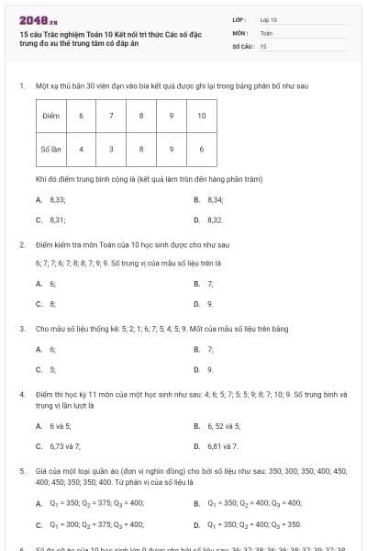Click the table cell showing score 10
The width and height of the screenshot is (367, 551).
coord(201,116)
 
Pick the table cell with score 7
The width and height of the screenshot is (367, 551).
coord(111,116)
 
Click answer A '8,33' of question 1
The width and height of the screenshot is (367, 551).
coord(51,199)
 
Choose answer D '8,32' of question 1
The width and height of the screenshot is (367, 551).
coord(210,220)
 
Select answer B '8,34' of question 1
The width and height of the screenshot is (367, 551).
coord(210,199)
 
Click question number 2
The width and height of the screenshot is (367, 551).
coord(21,245)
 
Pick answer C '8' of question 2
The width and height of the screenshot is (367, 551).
coord(47,304)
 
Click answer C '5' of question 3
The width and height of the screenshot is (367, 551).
coord(47,370)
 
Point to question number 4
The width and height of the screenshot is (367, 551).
coord(21,394)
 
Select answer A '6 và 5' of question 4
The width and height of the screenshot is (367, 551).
coord(54,426)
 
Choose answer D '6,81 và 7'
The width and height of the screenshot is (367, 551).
coord(217,446)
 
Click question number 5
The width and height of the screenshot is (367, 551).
coord(21,470)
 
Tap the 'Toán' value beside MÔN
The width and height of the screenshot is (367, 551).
coord(266,32)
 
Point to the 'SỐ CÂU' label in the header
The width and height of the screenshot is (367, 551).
coord(242,45)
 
